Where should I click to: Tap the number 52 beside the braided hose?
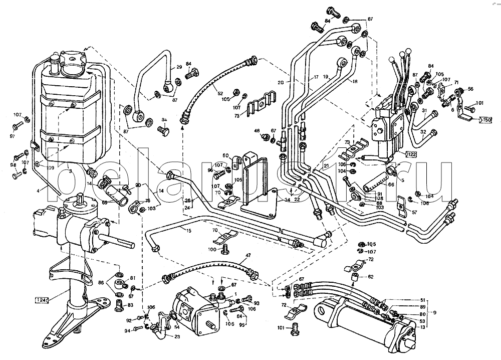pos(220,93)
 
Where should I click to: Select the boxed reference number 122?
pos(412,154)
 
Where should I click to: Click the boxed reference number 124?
pos(42,300)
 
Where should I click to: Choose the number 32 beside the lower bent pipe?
pos(423,133)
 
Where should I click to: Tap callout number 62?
pos(371,276)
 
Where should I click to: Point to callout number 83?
pos(131,305)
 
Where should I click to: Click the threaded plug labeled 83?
pos(119,305)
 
